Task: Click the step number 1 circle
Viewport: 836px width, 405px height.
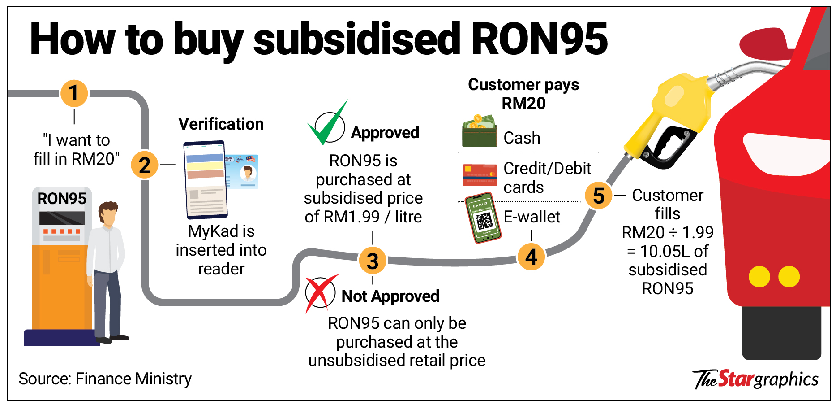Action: [x=74, y=93]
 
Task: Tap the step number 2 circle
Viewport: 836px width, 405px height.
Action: [x=145, y=165]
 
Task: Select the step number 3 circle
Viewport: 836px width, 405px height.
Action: [x=373, y=261]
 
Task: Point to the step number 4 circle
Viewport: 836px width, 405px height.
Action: [x=531, y=257]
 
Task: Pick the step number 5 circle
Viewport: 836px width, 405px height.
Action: [x=599, y=196]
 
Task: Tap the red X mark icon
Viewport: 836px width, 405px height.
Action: [x=321, y=292]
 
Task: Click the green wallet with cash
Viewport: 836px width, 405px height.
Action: [x=480, y=132]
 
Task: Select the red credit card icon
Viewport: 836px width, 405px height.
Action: [x=480, y=175]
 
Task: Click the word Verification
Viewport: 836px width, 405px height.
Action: [x=221, y=124]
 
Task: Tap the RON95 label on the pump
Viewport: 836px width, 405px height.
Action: [x=62, y=198]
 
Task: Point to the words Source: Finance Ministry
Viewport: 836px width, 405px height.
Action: [x=105, y=379]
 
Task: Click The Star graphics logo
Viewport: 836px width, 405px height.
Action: [x=756, y=379]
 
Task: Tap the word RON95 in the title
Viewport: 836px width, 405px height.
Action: [x=539, y=39]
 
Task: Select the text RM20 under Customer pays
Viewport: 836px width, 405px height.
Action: [x=523, y=104]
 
